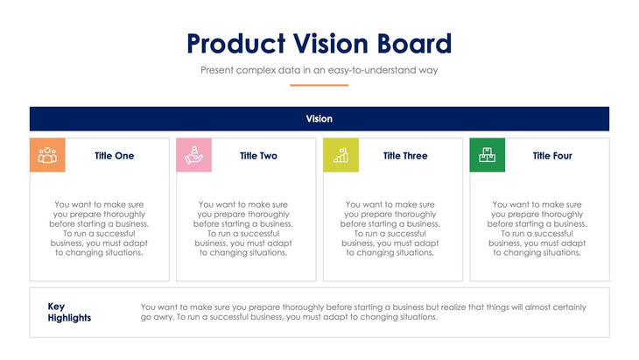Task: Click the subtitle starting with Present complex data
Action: pyautogui.click(x=319, y=69)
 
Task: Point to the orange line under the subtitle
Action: pyautogui.click(x=319, y=85)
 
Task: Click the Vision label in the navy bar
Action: pyautogui.click(x=319, y=118)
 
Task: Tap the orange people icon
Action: pyautogui.click(x=47, y=155)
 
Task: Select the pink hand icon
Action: pyautogui.click(x=194, y=155)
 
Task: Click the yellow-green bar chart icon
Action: pyautogui.click(x=341, y=155)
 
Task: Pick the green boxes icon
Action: pyautogui.click(x=488, y=155)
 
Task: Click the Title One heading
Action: pyautogui.click(x=115, y=156)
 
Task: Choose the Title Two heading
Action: pyautogui.click(x=258, y=156)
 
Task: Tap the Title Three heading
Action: pyautogui.click(x=405, y=156)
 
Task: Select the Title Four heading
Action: pyautogui.click(x=552, y=156)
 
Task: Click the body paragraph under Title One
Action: pyautogui.click(x=99, y=228)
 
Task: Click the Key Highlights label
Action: pyautogui.click(x=69, y=312)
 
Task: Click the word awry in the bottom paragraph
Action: pyautogui.click(x=162, y=317)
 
